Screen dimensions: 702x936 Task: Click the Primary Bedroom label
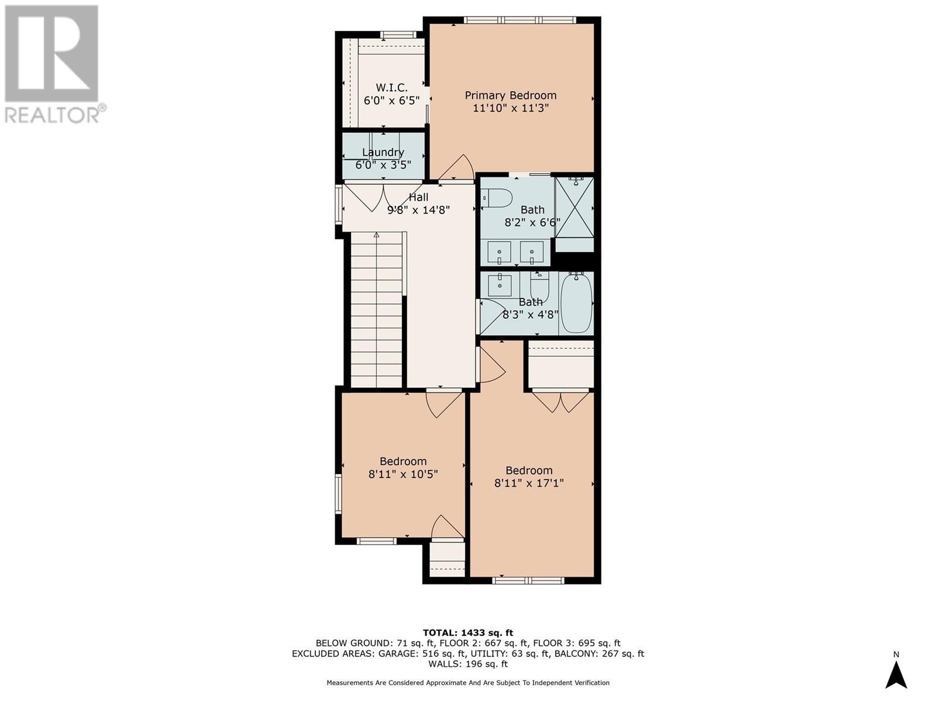510,95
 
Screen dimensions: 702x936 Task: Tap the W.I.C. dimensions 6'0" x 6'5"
391,101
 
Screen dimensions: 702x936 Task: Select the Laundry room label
383,152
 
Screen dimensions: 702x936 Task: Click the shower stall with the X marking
574,208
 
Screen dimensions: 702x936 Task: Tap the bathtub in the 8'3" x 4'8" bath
576,302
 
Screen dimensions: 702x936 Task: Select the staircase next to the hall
376,310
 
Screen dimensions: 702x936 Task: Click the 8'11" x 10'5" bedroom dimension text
403,474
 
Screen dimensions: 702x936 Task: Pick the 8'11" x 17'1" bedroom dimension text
529,484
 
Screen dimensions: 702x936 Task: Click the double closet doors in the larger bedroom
560,401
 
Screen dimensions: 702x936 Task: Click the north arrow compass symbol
896,674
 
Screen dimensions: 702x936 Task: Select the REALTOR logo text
55,115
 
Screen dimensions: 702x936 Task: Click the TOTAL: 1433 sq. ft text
467,632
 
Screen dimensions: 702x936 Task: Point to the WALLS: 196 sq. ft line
467,664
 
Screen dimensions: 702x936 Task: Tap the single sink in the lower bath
500,285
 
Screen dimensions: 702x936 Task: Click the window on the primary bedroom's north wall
520,20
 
